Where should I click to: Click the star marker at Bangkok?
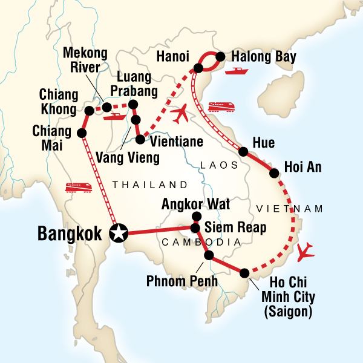(119, 232)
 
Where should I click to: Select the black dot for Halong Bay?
(220, 57)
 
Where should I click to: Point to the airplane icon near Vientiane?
(180, 113)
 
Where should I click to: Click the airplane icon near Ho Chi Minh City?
(307, 249)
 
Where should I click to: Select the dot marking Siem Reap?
(195, 228)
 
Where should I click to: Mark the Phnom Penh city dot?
(209, 255)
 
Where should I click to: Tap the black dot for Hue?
(243, 152)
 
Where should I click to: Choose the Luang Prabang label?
(134, 84)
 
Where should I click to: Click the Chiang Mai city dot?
(82, 133)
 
